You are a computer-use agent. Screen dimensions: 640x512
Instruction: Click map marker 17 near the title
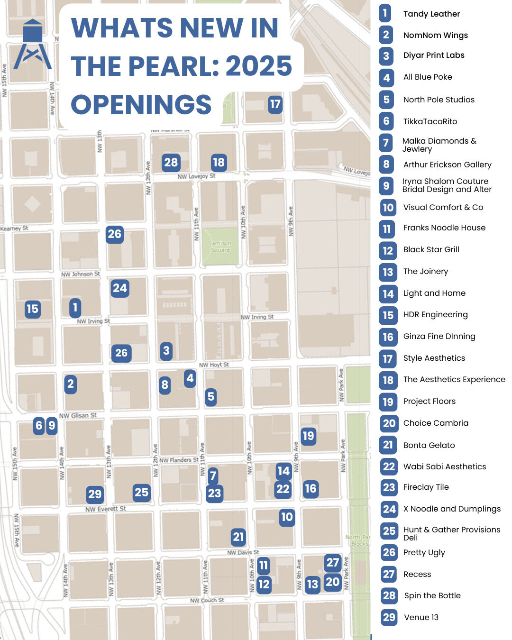(x=275, y=104)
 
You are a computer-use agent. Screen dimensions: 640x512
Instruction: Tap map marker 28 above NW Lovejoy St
(x=171, y=163)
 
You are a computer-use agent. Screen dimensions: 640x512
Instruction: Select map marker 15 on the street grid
(x=32, y=309)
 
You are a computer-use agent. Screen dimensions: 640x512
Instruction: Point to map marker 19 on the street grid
(x=308, y=436)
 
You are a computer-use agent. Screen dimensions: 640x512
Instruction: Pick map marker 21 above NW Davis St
(x=238, y=537)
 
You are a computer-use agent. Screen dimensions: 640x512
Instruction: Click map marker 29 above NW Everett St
(x=95, y=494)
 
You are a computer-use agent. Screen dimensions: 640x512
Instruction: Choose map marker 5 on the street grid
(x=211, y=397)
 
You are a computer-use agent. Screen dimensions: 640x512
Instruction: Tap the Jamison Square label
(x=220, y=247)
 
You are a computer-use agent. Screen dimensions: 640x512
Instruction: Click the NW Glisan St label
(x=78, y=416)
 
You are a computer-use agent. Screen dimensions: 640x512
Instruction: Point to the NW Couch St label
(x=207, y=600)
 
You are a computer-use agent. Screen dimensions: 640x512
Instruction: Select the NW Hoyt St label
(x=214, y=365)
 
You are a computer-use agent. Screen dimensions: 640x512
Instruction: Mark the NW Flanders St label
(x=179, y=460)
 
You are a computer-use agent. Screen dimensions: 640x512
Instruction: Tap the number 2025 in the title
(x=259, y=65)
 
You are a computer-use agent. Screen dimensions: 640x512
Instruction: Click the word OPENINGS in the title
(x=141, y=104)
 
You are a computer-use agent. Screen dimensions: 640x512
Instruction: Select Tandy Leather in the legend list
(x=431, y=14)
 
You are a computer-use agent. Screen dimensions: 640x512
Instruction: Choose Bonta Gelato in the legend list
(x=429, y=445)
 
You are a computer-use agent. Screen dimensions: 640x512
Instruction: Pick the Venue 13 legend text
(x=421, y=617)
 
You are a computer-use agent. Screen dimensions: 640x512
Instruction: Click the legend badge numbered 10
(x=388, y=207)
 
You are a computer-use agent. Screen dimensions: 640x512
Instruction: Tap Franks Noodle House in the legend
(x=444, y=228)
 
